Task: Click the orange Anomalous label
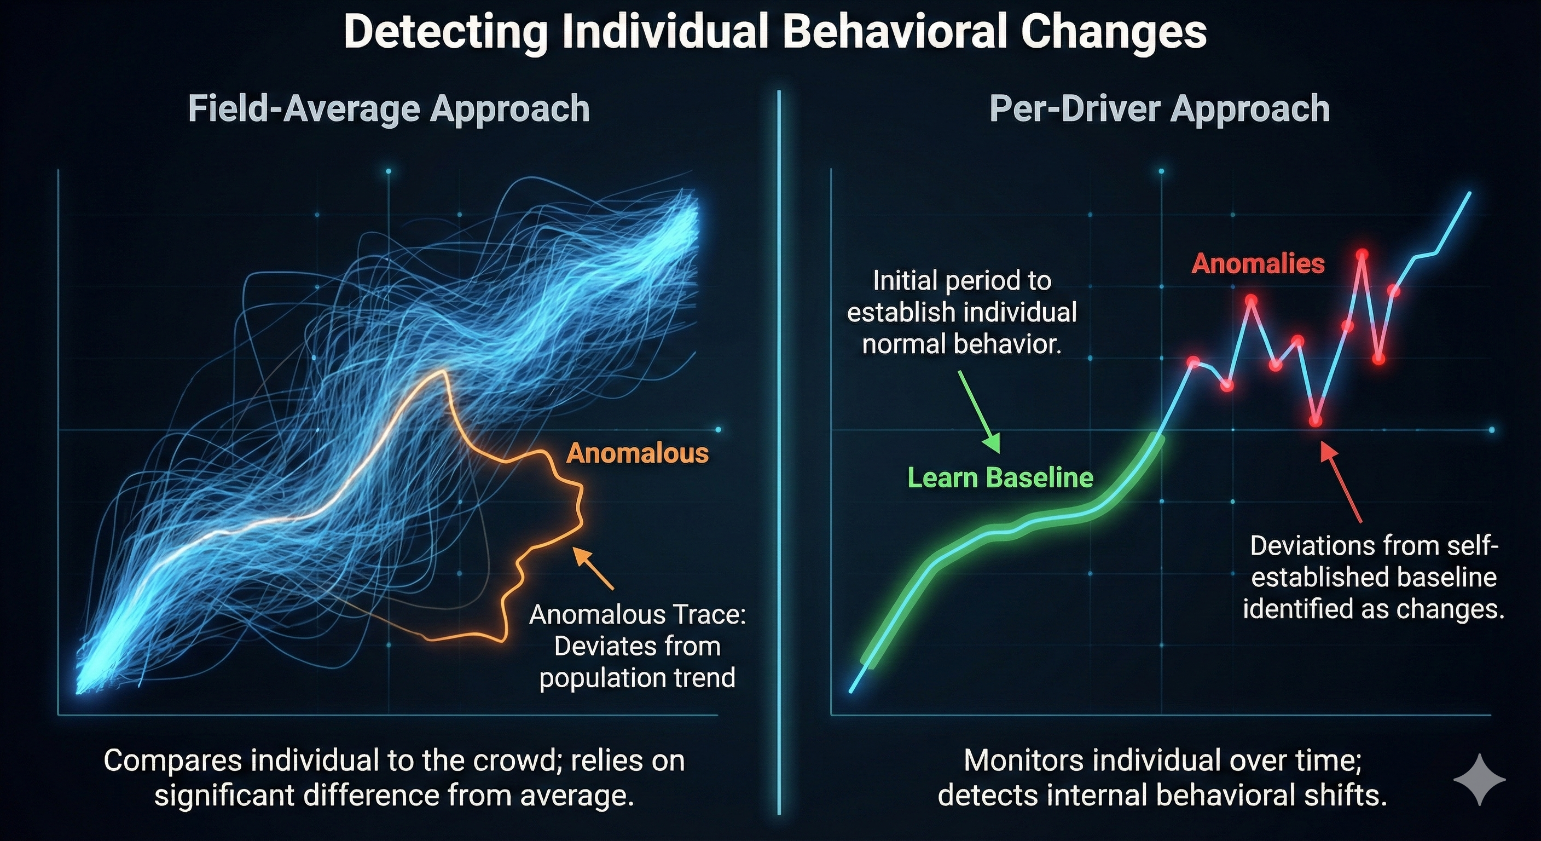click(x=637, y=453)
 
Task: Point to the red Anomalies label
click(x=1258, y=263)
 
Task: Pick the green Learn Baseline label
click(x=1000, y=477)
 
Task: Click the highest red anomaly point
click(x=1362, y=255)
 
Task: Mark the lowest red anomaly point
click(x=1315, y=421)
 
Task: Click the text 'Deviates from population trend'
click(x=637, y=662)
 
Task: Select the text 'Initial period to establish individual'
click(x=962, y=296)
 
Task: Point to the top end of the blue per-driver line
click(x=1469, y=193)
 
